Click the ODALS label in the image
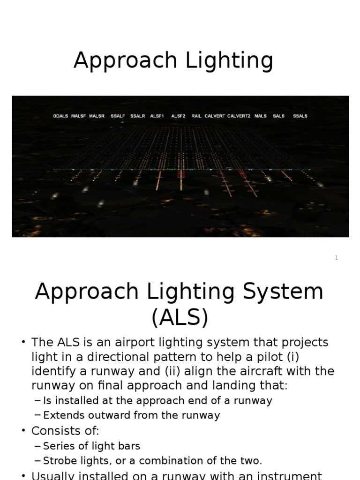[x=60, y=116]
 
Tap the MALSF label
[x=78, y=116]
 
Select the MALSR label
[x=97, y=116]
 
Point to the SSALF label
[x=118, y=116]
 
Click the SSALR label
[x=137, y=116]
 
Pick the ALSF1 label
[x=157, y=116]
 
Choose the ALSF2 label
[x=178, y=116]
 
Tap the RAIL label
[x=196, y=116]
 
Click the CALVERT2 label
[x=239, y=116]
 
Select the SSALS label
[x=300, y=116]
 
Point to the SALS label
[x=279, y=116]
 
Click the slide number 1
[x=336, y=258]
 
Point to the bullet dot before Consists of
[x=23, y=431]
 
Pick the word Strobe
[x=58, y=461]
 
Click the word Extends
[x=61, y=416]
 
